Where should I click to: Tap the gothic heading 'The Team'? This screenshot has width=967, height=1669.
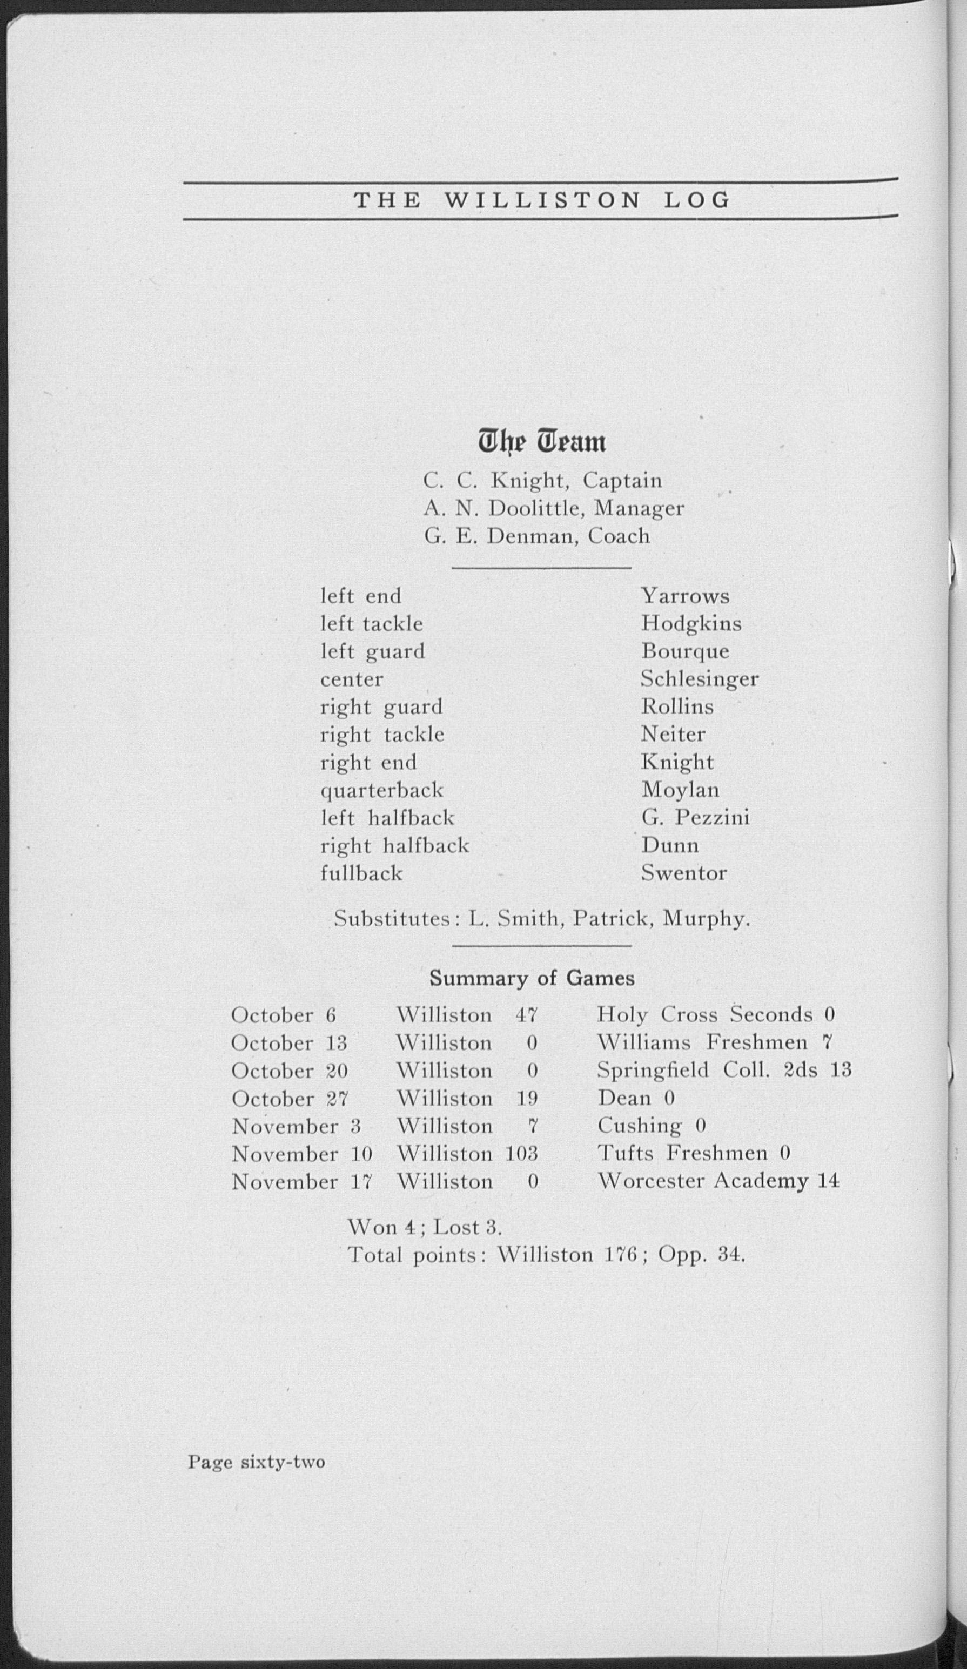click(542, 442)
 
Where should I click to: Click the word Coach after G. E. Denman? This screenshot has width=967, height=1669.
click(619, 536)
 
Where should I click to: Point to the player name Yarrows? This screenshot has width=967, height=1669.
click(685, 596)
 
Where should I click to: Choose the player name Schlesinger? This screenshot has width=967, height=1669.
click(700, 679)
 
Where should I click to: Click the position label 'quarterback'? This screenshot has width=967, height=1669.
click(381, 791)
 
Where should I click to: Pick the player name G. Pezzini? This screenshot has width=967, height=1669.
click(695, 818)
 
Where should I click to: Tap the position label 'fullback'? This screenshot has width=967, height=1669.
click(361, 873)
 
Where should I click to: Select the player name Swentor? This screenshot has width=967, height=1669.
click(683, 873)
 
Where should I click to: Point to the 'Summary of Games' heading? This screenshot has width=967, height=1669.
click(532, 978)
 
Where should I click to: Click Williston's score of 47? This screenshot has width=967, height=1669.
click(527, 1015)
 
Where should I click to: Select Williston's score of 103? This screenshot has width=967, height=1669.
click(521, 1154)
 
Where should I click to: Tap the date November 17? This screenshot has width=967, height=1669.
click(301, 1182)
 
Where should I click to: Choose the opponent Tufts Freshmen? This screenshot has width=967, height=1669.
click(682, 1154)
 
